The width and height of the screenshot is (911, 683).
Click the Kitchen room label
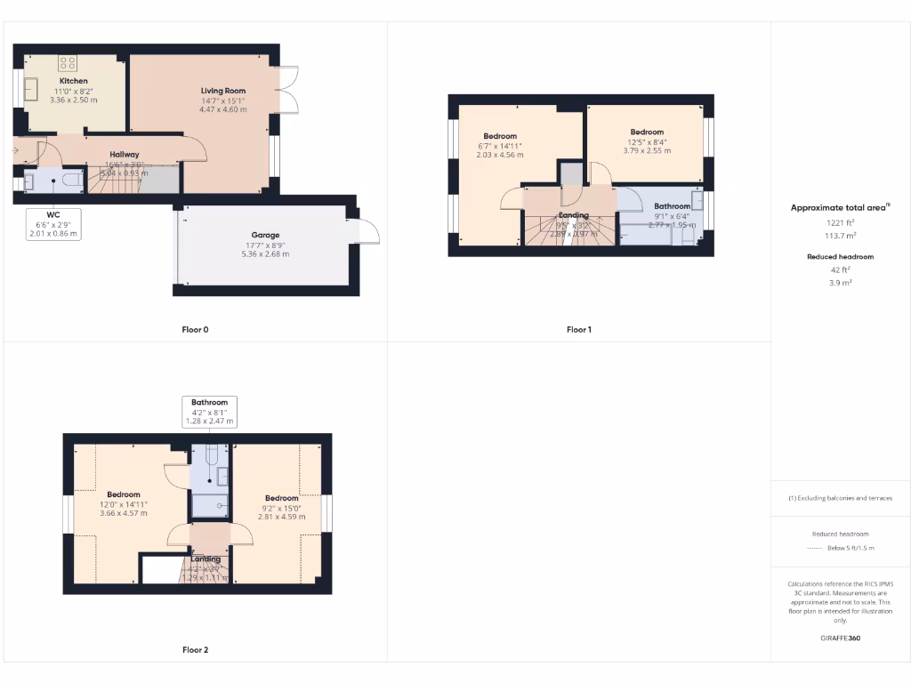click(x=73, y=81)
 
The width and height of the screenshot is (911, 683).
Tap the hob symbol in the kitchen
click(x=69, y=62)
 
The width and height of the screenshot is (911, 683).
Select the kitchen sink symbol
click(x=32, y=89)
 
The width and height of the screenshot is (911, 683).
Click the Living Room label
click(x=222, y=91)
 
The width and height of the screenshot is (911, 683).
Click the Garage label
click(x=264, y=236)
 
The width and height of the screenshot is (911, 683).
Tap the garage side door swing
click(x=367, y=231)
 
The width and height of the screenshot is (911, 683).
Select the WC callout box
click(x=54, y=224)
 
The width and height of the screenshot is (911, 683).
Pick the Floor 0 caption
click(x=195, y=330)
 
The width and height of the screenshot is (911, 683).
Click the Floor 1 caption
click(x=578, y=330)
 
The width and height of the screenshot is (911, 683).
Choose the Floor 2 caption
click(x=195, y=650)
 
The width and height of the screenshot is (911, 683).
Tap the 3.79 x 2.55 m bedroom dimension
click(x=647, y=151)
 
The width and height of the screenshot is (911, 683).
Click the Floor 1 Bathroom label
click(x=673, y=206)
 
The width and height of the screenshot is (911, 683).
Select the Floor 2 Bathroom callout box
click(x=210, y=412)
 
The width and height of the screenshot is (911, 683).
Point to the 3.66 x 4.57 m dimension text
click(x=123, y=513)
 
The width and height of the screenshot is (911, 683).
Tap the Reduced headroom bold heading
click(x=839, y=257)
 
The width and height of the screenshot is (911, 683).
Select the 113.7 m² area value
click(x=839, y=236)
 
